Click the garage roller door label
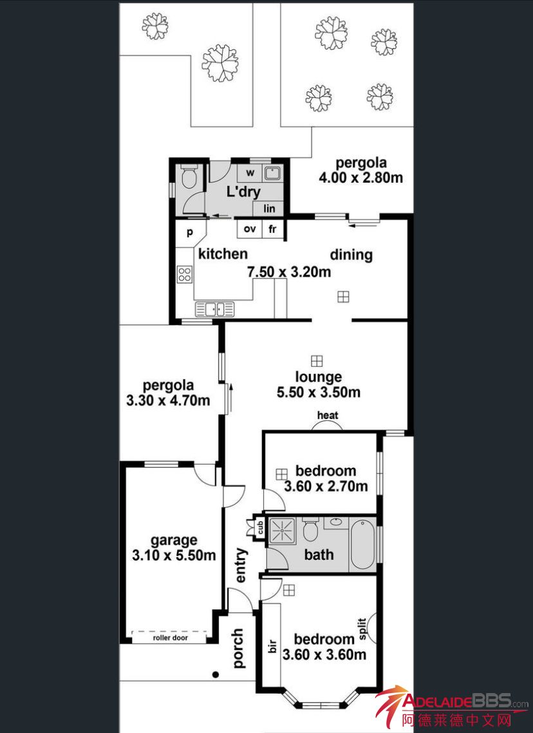click(x=170, y=638)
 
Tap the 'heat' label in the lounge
click(x=327, y=415)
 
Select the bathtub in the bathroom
click(x=362, y=544)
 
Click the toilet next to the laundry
click(x=189, y=176)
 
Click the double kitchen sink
click(x=215, y=309)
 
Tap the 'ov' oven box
click(x=250, y=229)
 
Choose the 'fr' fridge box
click(x=272, y=229)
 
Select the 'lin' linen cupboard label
click(x=269, y=209)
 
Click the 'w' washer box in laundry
click(x=250, y=173)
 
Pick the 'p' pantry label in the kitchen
click(x=190, y=232)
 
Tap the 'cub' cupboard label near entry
click(x=261, y=528)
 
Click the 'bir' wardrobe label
click(x=273, y=645)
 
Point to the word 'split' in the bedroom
click(x=362, y=629)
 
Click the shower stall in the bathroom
click(x=282, y=530)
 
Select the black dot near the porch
click(x=216, y=674)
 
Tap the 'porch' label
click(x=238, y=648)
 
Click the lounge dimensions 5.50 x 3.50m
click(x=319, y=392)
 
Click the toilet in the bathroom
click(x=310, y=529)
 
